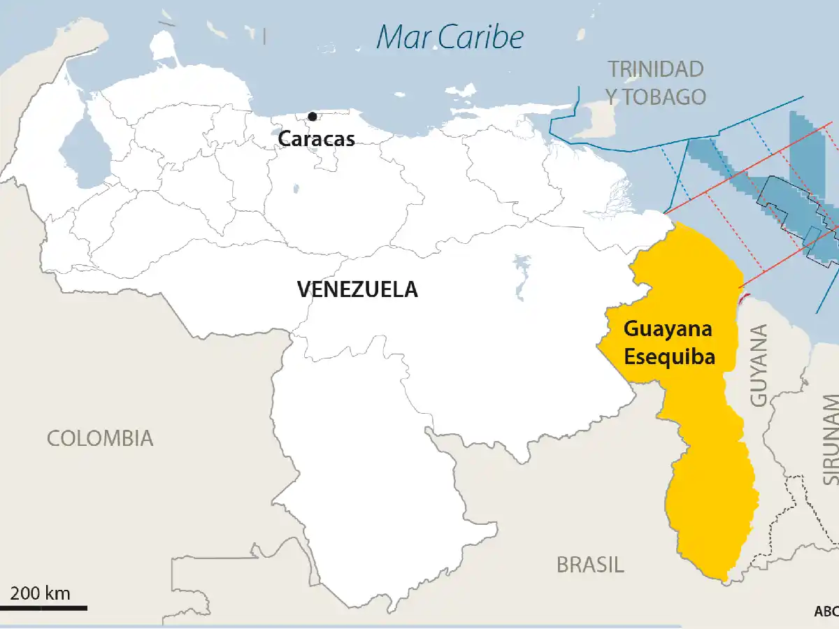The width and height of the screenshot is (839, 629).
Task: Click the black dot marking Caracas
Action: [312, 116]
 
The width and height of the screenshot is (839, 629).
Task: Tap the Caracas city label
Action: [316, 138]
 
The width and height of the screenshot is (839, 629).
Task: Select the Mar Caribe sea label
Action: [450, 37]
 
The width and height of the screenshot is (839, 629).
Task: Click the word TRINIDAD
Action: [655, 69]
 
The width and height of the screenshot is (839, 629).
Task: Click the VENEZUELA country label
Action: [357, 289]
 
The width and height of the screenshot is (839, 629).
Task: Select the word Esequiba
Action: [669, 356]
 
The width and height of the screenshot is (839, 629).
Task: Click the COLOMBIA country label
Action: [100, 438]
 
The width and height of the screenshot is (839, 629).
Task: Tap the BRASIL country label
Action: [590, 564]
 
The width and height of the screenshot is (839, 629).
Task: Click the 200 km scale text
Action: [41, 594]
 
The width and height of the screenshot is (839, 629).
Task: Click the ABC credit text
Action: [826, 611]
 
